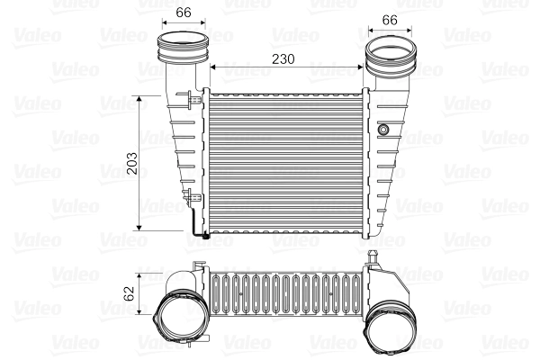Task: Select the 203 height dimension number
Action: pyautogui.click(x=132, y=162)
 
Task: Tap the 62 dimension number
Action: pyautogui.click(x=129, y=292)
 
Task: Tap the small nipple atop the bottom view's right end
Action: pyautogui.click(x=372, y=257)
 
